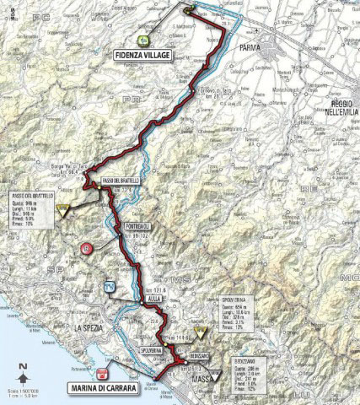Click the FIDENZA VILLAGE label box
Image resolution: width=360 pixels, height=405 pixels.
click(x=140, y=55)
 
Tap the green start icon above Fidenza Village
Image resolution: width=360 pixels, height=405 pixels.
click(x=144, y=40)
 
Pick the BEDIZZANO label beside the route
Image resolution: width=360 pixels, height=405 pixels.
click(x=192, y=356)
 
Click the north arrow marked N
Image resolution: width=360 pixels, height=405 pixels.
click(x=25, y=366)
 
